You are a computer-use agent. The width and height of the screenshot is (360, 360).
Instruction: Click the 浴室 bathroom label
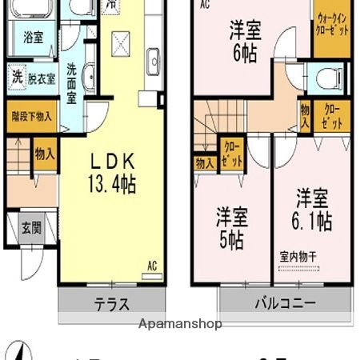[33, 38]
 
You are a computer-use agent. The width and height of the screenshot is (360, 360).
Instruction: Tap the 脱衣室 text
[41, 78]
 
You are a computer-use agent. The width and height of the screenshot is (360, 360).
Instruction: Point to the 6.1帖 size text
[312, 221]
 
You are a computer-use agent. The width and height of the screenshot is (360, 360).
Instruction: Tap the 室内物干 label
[298, 257]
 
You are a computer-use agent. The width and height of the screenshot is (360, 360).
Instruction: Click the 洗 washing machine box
[17, 78]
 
